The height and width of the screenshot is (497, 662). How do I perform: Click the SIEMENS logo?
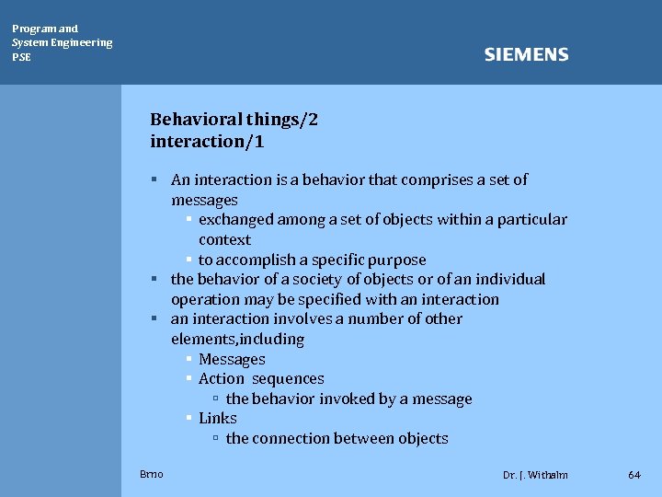tap(526, 55)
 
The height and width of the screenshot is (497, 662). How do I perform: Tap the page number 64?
tap(634, 475)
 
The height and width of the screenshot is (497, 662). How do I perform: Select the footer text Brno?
tap(152, 474)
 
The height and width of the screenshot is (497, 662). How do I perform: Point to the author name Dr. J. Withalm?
tap(535, 475)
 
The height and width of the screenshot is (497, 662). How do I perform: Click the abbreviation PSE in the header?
tap(21, 57)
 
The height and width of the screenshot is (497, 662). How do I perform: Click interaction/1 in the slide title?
tap(207, 142)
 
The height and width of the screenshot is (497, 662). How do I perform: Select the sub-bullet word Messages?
tap(232, 359)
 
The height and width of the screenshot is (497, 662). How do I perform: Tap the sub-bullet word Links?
tap(218, 419)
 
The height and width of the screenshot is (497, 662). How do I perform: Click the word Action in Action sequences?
tap(222, 379)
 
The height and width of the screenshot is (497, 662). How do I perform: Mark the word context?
tap(224, 239)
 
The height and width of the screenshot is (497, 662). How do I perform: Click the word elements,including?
tap(237, 339)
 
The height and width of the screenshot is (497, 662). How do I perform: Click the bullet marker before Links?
tap(188, 419)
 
